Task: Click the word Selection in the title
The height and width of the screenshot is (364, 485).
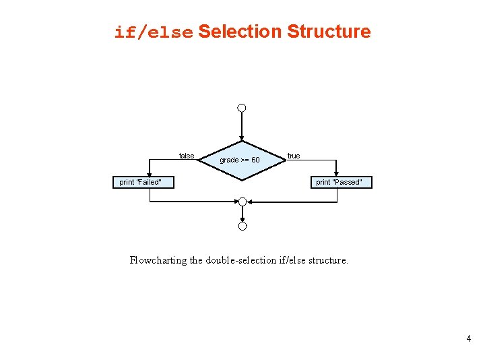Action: pyautogui.click(x=239, y=32)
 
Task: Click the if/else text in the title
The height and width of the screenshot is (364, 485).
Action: pyautogui.click(x=154, y=32)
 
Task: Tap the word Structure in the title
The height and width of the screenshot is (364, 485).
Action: pyautogui.click(x=329, y=32)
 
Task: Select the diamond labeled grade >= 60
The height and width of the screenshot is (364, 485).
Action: pyautogui.click(x=241, y=160)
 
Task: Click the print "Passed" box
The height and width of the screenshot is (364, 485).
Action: pyautogui.click(x=339, y=182)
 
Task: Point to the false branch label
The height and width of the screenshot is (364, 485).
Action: pyautogui.click(x=187, y=156)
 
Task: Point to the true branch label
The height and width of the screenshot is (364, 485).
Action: pyautogui.click(x=294, y=156)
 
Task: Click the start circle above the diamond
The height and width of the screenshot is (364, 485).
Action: pyautogui.click(x=242, y=108)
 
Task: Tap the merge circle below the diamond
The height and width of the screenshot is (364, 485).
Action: pyautogui.click(x=242, y=202)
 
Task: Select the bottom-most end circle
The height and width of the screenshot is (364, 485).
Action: pyautogui.click(x=242, y=226)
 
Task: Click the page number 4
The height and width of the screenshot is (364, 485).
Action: pyautogui.click(x=468, y=338)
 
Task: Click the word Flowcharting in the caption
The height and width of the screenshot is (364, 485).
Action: pyautogui.click(x=158, y=260)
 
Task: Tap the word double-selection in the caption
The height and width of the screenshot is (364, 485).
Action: pyautogui.click(x=243, y=260)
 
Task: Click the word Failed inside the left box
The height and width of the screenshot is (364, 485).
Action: pyautogui.click(x=150, y=182)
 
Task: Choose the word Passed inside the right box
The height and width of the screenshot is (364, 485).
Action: pyautogui.click(x=348, y=182)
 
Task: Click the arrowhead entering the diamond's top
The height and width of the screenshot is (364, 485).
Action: pyautogui.click(x=242, y=138)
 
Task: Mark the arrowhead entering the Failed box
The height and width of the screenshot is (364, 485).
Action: pyautogui.click(x=150, y=174)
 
